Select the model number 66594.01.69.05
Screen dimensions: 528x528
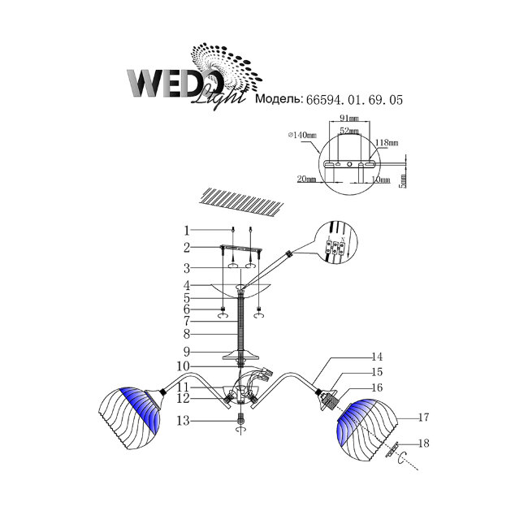coord(354,102)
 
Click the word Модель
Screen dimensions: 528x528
coord(279,102)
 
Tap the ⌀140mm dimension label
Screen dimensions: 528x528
coord(301,136)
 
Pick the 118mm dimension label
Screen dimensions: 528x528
coord(387,143)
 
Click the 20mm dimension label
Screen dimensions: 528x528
coord(305,178)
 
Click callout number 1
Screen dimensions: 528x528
coord(186,230)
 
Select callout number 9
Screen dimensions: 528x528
coord(186,352)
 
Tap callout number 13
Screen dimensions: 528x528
coord(186,420)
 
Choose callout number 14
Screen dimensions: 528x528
coord(376,357)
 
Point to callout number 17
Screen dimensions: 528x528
coord(422,418)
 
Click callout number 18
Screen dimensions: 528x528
coord(422,444)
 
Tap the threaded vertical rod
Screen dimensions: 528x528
coord(241,321)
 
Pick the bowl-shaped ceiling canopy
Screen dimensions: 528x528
coord(241,291)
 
